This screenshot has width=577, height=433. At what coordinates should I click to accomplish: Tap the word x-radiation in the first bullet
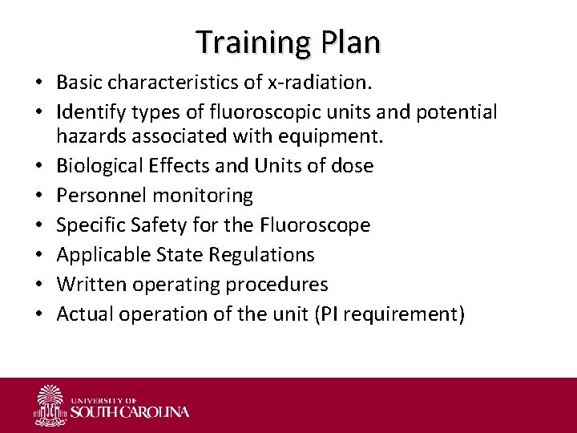pyautogui.click(x=320, y=83)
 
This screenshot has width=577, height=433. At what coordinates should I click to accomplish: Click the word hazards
pyautogui.click(x=92, y=136)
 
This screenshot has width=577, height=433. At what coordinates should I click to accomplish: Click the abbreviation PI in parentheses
pyautogui.click(x=329, y=314)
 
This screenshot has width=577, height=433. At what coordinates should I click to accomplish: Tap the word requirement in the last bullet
pyautogui.click(x=401, y=314)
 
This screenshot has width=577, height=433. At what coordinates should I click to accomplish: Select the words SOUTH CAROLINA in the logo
pyautogui.click(x=130, y=412)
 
